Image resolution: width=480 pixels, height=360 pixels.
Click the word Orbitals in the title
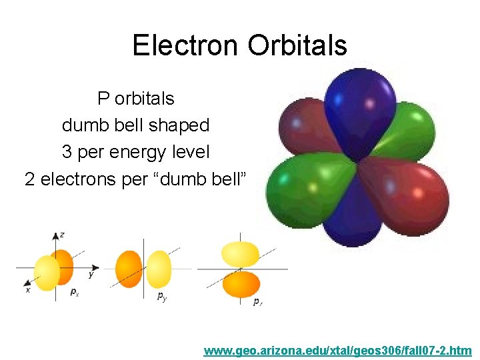point(297,45)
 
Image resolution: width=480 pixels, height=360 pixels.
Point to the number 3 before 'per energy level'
point(67,152)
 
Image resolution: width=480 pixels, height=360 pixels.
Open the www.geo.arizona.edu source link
point(338,350)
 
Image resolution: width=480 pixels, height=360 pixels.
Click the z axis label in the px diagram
point(62,235)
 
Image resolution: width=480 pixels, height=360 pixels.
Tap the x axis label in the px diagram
point(28,290)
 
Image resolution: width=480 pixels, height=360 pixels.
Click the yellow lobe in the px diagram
point(47,273)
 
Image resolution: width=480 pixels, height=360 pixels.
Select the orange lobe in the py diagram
point(129,269)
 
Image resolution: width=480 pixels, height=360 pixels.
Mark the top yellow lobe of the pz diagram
point(240,253)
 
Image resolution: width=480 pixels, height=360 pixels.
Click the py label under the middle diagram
point(162,297)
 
